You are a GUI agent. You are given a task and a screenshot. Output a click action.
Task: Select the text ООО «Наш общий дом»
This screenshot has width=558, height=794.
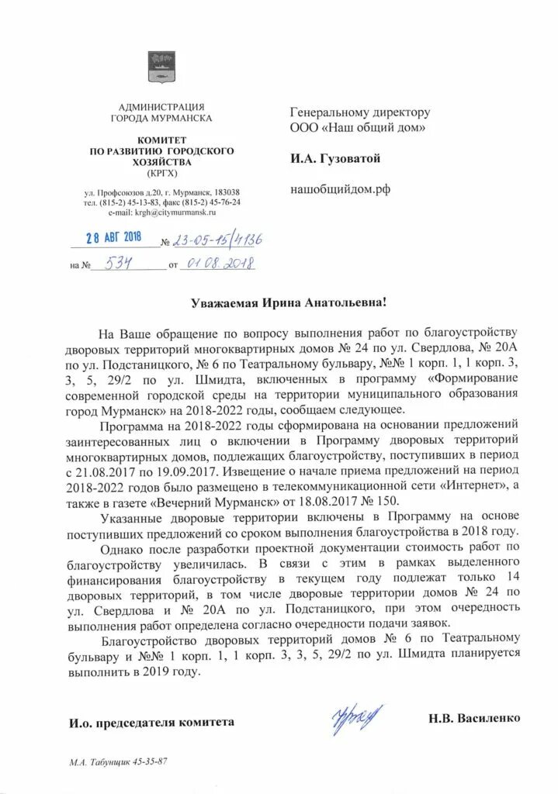click(356, 127)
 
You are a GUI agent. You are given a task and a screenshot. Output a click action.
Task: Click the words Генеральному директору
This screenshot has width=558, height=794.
click(359, 112)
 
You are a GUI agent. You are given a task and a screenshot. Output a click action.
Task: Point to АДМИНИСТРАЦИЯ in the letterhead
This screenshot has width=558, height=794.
click(161, 106)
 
